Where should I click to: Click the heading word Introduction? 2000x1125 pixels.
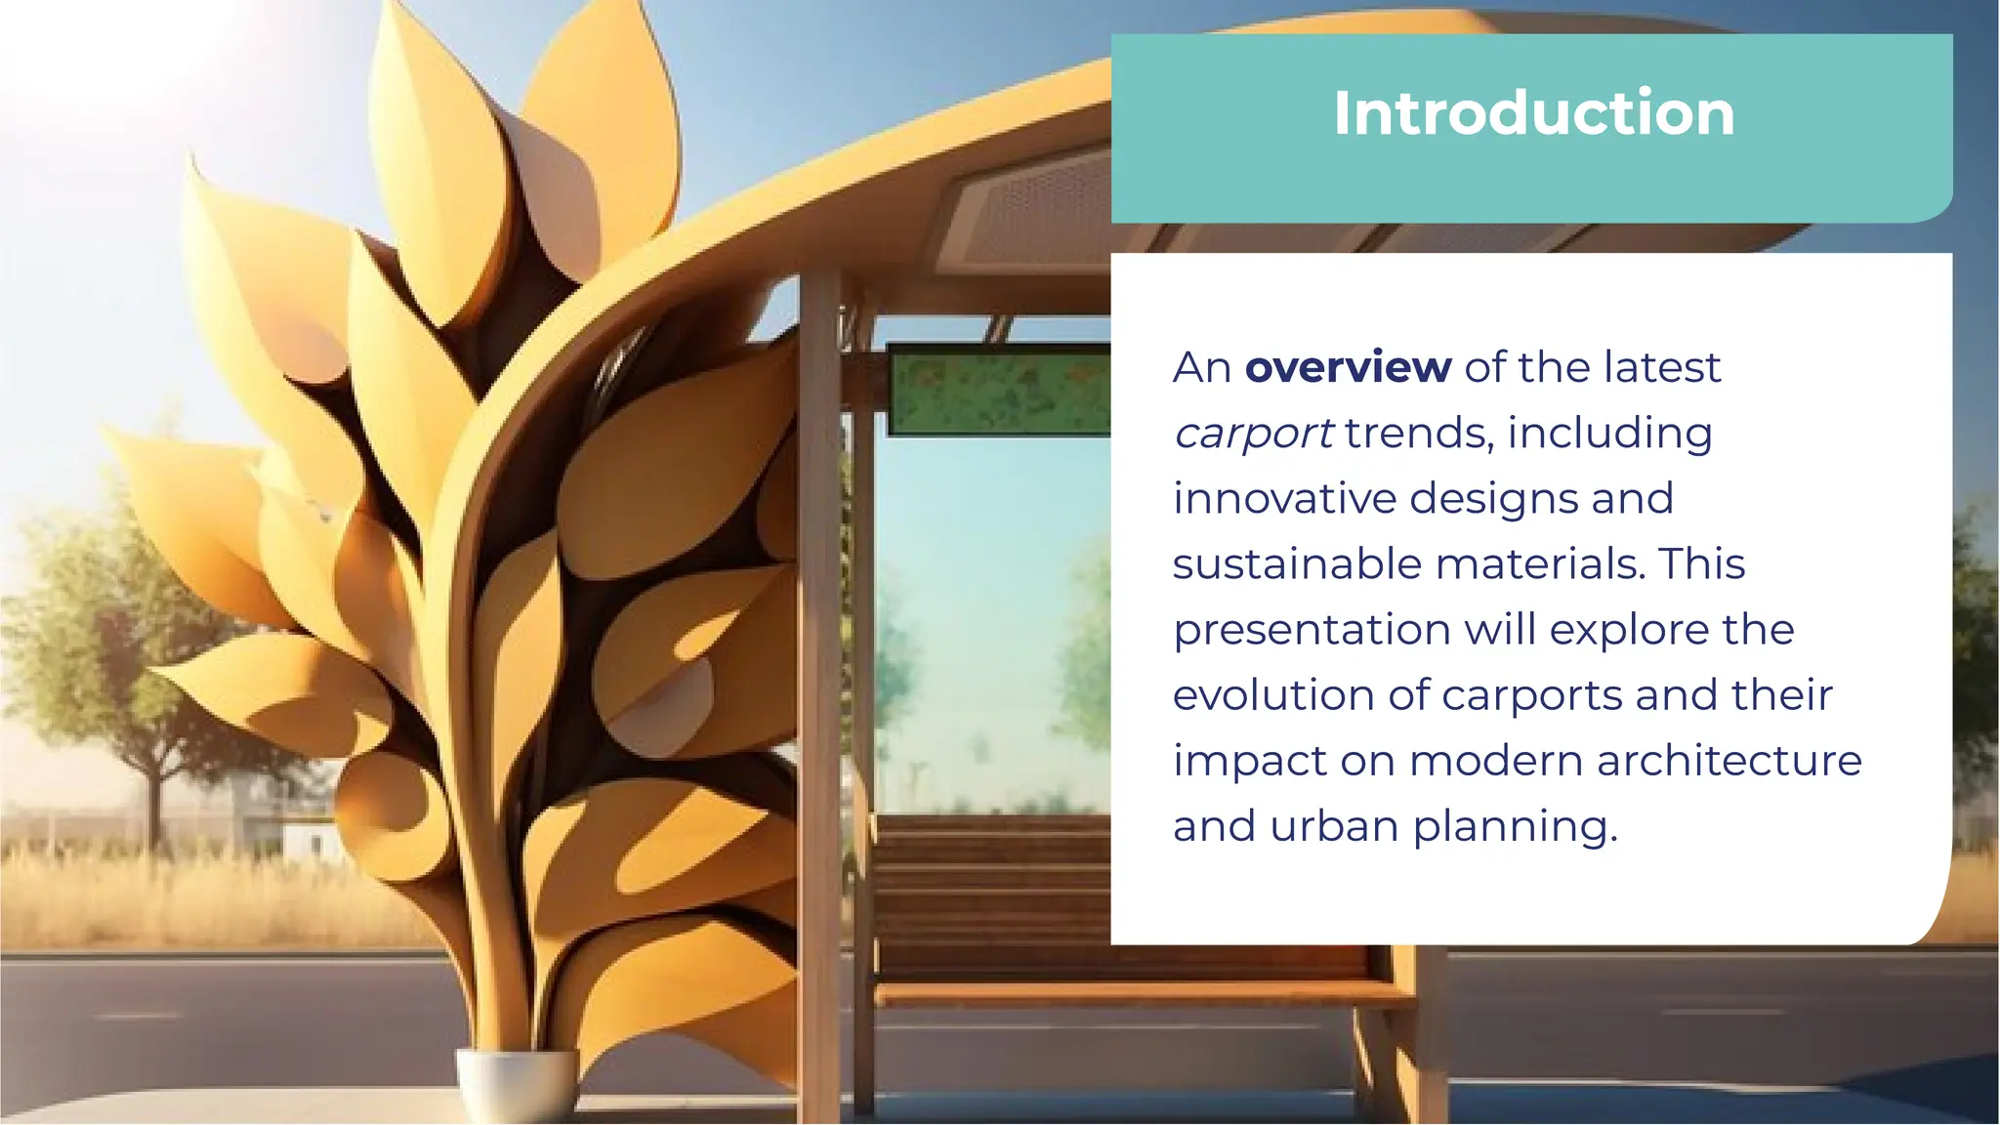point(1533,113)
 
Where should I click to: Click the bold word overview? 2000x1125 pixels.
point(1348,368)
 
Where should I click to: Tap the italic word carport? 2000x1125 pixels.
point(1253,434)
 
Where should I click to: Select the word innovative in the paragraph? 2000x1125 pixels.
point(1286,498)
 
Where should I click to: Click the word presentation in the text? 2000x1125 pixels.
point(1312,631)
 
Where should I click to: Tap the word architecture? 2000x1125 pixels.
point(1729,761)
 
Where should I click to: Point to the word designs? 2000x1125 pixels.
point(1493,498)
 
